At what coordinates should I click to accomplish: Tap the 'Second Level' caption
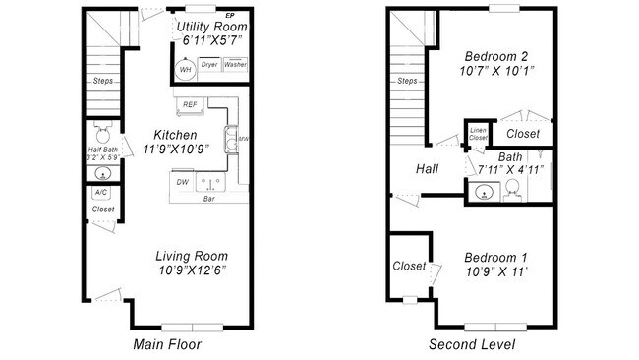(471, 345)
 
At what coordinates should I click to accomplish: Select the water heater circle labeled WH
(185, 69)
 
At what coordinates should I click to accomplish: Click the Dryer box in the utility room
(209, 66)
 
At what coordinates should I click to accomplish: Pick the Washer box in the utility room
(235, 66)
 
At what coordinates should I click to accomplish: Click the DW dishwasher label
(182, 182)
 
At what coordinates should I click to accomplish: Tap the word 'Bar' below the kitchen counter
(209, 199)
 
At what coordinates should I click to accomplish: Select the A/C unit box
(100, 193)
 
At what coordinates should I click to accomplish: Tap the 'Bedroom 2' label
(496, 56)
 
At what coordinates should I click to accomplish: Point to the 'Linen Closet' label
(478, 135)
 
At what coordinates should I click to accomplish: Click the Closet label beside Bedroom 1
(409, 266)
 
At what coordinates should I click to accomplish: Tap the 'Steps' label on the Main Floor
(101, 82)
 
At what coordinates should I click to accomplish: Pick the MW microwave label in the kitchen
(243, 140)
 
